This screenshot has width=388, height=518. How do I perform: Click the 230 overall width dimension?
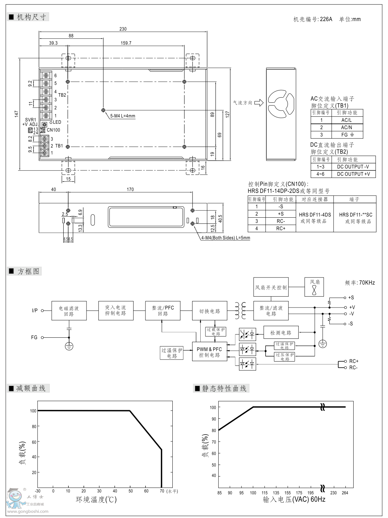coord(123,29)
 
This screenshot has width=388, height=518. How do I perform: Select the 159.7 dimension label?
coord(126,43)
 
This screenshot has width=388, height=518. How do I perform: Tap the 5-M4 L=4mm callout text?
coord(123,116)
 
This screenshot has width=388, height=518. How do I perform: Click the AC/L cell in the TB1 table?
coord(346,120)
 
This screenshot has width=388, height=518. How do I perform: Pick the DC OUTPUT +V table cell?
coord(353,174)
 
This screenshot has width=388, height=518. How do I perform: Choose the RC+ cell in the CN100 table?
coord(281,229)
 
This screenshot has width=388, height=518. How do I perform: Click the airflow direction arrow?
coord(259,102)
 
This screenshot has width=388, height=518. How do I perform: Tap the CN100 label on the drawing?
coord(53,130)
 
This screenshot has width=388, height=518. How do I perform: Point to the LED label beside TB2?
coord(57,122)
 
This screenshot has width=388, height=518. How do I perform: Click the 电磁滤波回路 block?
coord(69,311)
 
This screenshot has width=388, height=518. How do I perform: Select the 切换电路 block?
coord(209,311)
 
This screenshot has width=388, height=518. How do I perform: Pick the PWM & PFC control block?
coord(209,352)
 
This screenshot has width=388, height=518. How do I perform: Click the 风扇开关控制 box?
coord(271,287)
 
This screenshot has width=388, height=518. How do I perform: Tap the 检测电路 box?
coord(281,333)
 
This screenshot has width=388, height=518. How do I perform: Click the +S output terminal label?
coord(351,298)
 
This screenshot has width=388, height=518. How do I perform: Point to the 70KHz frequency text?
coord(367,283)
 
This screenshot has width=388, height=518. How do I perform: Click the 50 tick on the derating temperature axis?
coord(130,491)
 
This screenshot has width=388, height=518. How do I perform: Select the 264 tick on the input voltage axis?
coord(345,493)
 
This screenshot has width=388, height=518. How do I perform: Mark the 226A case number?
coord(326,19)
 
